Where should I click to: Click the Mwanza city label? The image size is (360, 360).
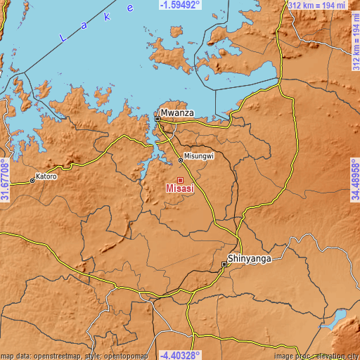pyautogui.click(x=176, y=112)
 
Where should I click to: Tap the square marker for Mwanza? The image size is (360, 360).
pyautogui.click(x=157, y=120)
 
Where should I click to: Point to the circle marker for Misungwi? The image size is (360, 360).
pyautogui.click(x=181, y=160)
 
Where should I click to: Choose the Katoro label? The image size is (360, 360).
pyautogui.click(x=46, y=176)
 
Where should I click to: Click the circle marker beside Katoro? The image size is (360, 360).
pyautogui.click(x=32, y=181)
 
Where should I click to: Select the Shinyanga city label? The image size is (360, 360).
pyautogui.click(x=250, y=257)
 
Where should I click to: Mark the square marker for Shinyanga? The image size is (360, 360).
pyautogui.click(x=225, y=264)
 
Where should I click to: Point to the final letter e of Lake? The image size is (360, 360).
pyautogui.click(x=130, y=8)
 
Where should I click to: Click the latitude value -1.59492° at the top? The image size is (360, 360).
pyautogui.click(x=179, y=4)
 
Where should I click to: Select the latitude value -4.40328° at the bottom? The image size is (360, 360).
pyautogui.click(x=179, y=355)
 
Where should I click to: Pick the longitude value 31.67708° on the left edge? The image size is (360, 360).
pyautogui.click(x=5, y=180)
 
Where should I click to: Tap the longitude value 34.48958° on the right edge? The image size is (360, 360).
pyautogui.click(x=354, y=180)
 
